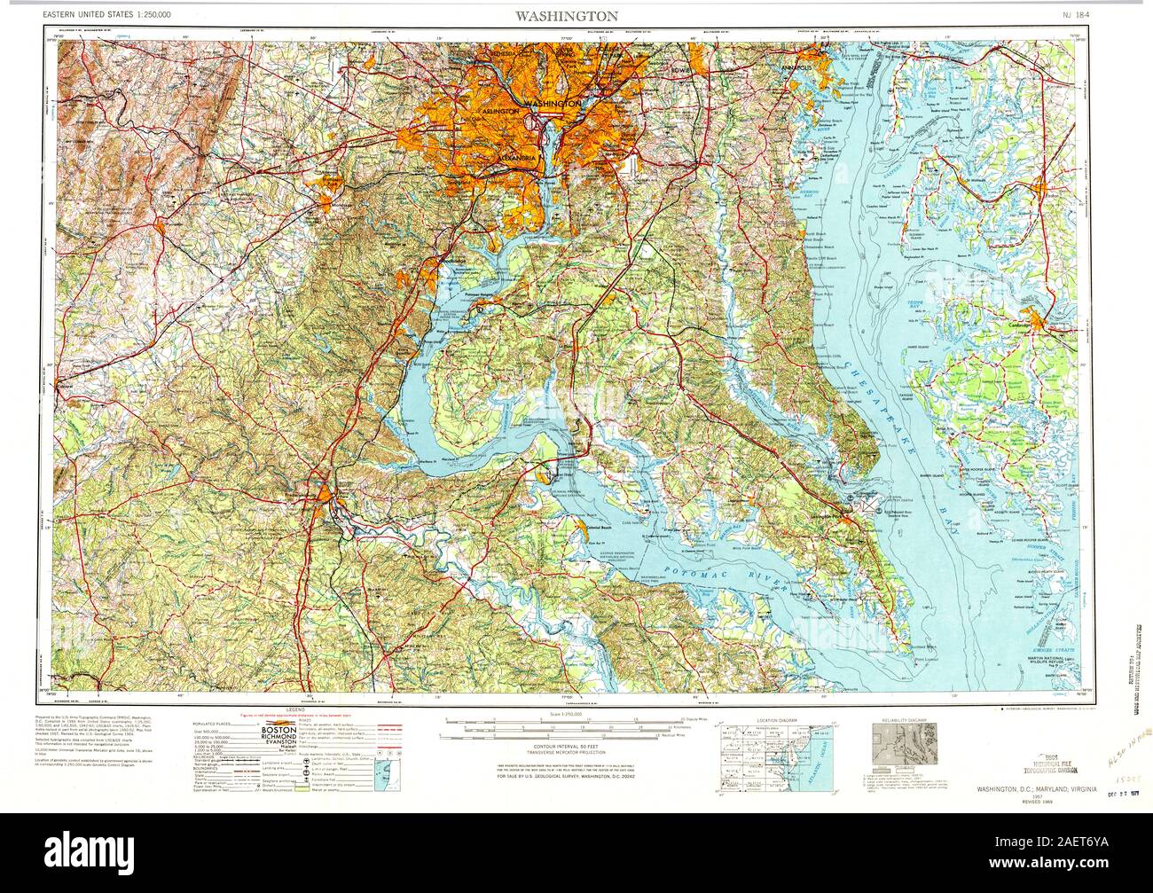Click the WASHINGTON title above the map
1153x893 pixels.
coord(576,16)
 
